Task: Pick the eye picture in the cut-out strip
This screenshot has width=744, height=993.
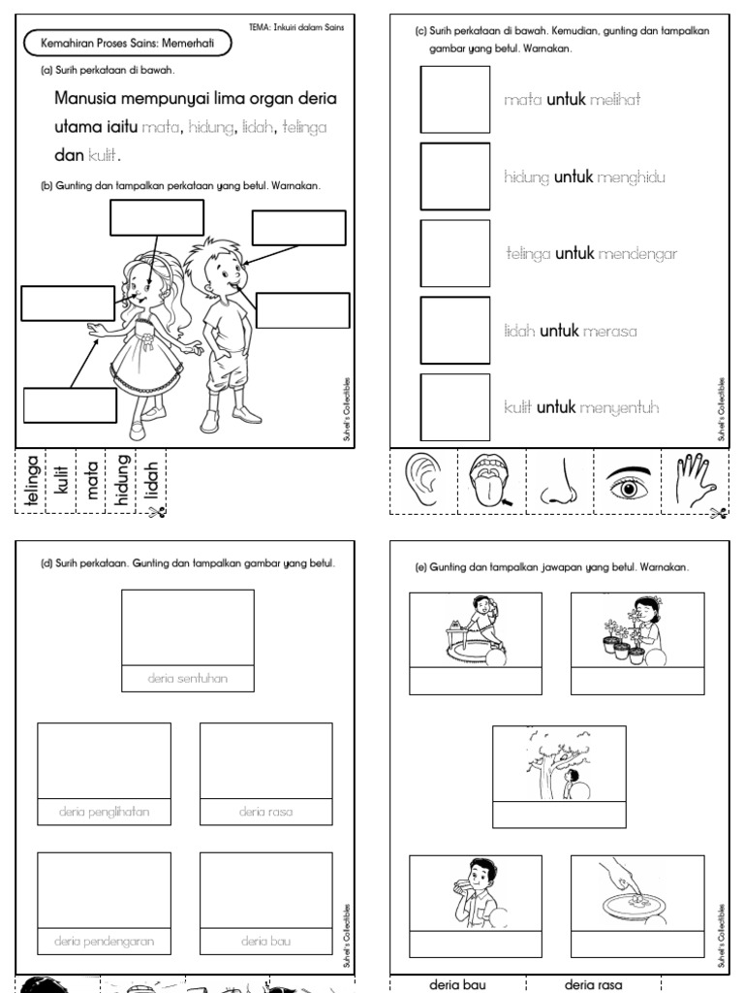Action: tap(627, 484)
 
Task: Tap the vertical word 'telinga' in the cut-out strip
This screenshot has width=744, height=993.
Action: tap(31, 481)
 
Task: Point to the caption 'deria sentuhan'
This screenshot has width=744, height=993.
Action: tap(188, 679)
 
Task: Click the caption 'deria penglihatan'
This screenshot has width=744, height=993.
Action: tap(104, 812)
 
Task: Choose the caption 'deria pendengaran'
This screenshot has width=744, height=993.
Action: tap(104, 941)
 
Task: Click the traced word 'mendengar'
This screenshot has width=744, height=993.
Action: tap(637, 254)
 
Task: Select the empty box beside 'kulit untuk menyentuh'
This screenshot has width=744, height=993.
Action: tap(454, 407)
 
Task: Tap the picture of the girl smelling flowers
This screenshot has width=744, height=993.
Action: tap(637, 630)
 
